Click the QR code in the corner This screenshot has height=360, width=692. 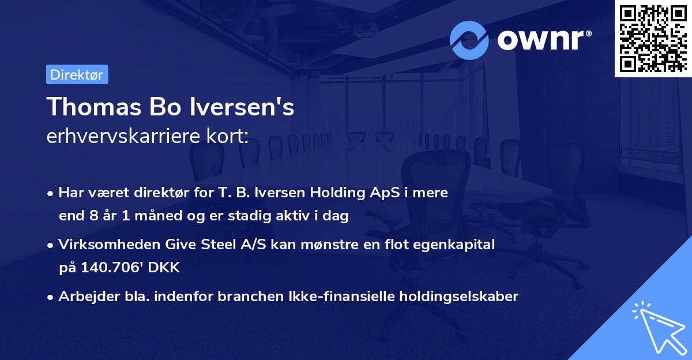(x=653, y=38)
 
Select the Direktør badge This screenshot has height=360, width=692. (x=77, y=74)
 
